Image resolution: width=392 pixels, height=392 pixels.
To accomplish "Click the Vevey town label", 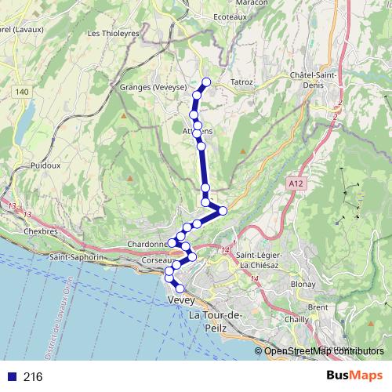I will point(181,300).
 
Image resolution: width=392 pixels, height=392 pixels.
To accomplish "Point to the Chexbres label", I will point(41,232).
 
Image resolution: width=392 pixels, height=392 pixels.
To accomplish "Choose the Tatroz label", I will point(241,81).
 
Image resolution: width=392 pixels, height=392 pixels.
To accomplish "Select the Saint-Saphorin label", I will point(76,256).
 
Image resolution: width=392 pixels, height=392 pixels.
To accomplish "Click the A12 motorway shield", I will point(295,183).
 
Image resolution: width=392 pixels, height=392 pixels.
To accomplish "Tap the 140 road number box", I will point(22,93).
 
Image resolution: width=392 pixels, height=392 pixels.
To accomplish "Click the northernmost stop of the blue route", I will point(207,82).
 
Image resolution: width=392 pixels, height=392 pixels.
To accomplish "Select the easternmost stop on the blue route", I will point(223,210).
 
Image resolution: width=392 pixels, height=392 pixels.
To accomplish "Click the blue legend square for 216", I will point(12,377).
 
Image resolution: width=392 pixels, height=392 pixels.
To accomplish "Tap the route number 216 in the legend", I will point(32,377).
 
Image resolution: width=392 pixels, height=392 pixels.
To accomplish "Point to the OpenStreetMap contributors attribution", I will point(324,351).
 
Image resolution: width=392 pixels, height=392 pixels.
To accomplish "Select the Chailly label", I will point(297,320).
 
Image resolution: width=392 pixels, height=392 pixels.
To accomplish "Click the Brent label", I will point(318,307).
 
